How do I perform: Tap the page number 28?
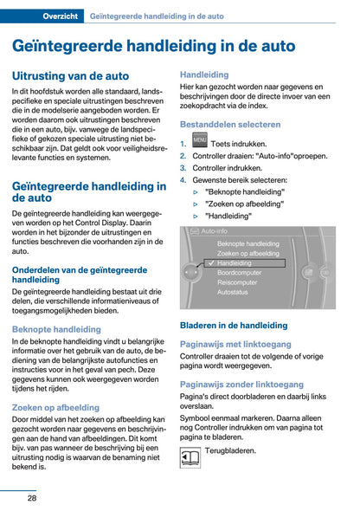[x=31, y=497]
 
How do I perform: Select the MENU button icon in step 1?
[x=199, y=141]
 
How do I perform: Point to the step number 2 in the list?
[x=183, y=156]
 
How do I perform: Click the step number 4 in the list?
[x=183, y=180]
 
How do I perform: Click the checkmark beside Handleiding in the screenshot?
[x=210, y=262]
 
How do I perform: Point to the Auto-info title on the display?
[x=214, y=232]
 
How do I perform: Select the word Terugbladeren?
[x=232, y=451]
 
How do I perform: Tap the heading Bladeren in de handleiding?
[x=234, y=326]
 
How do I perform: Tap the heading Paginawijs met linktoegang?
[x=235, y=343]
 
